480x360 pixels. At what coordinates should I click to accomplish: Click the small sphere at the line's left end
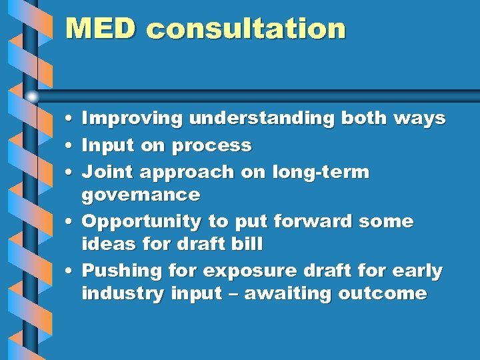pos(33,95)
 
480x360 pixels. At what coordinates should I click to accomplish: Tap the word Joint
pos(107,172)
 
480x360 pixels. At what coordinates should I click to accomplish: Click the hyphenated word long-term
pos(320,172)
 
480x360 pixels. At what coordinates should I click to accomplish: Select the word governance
pos(141,195)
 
